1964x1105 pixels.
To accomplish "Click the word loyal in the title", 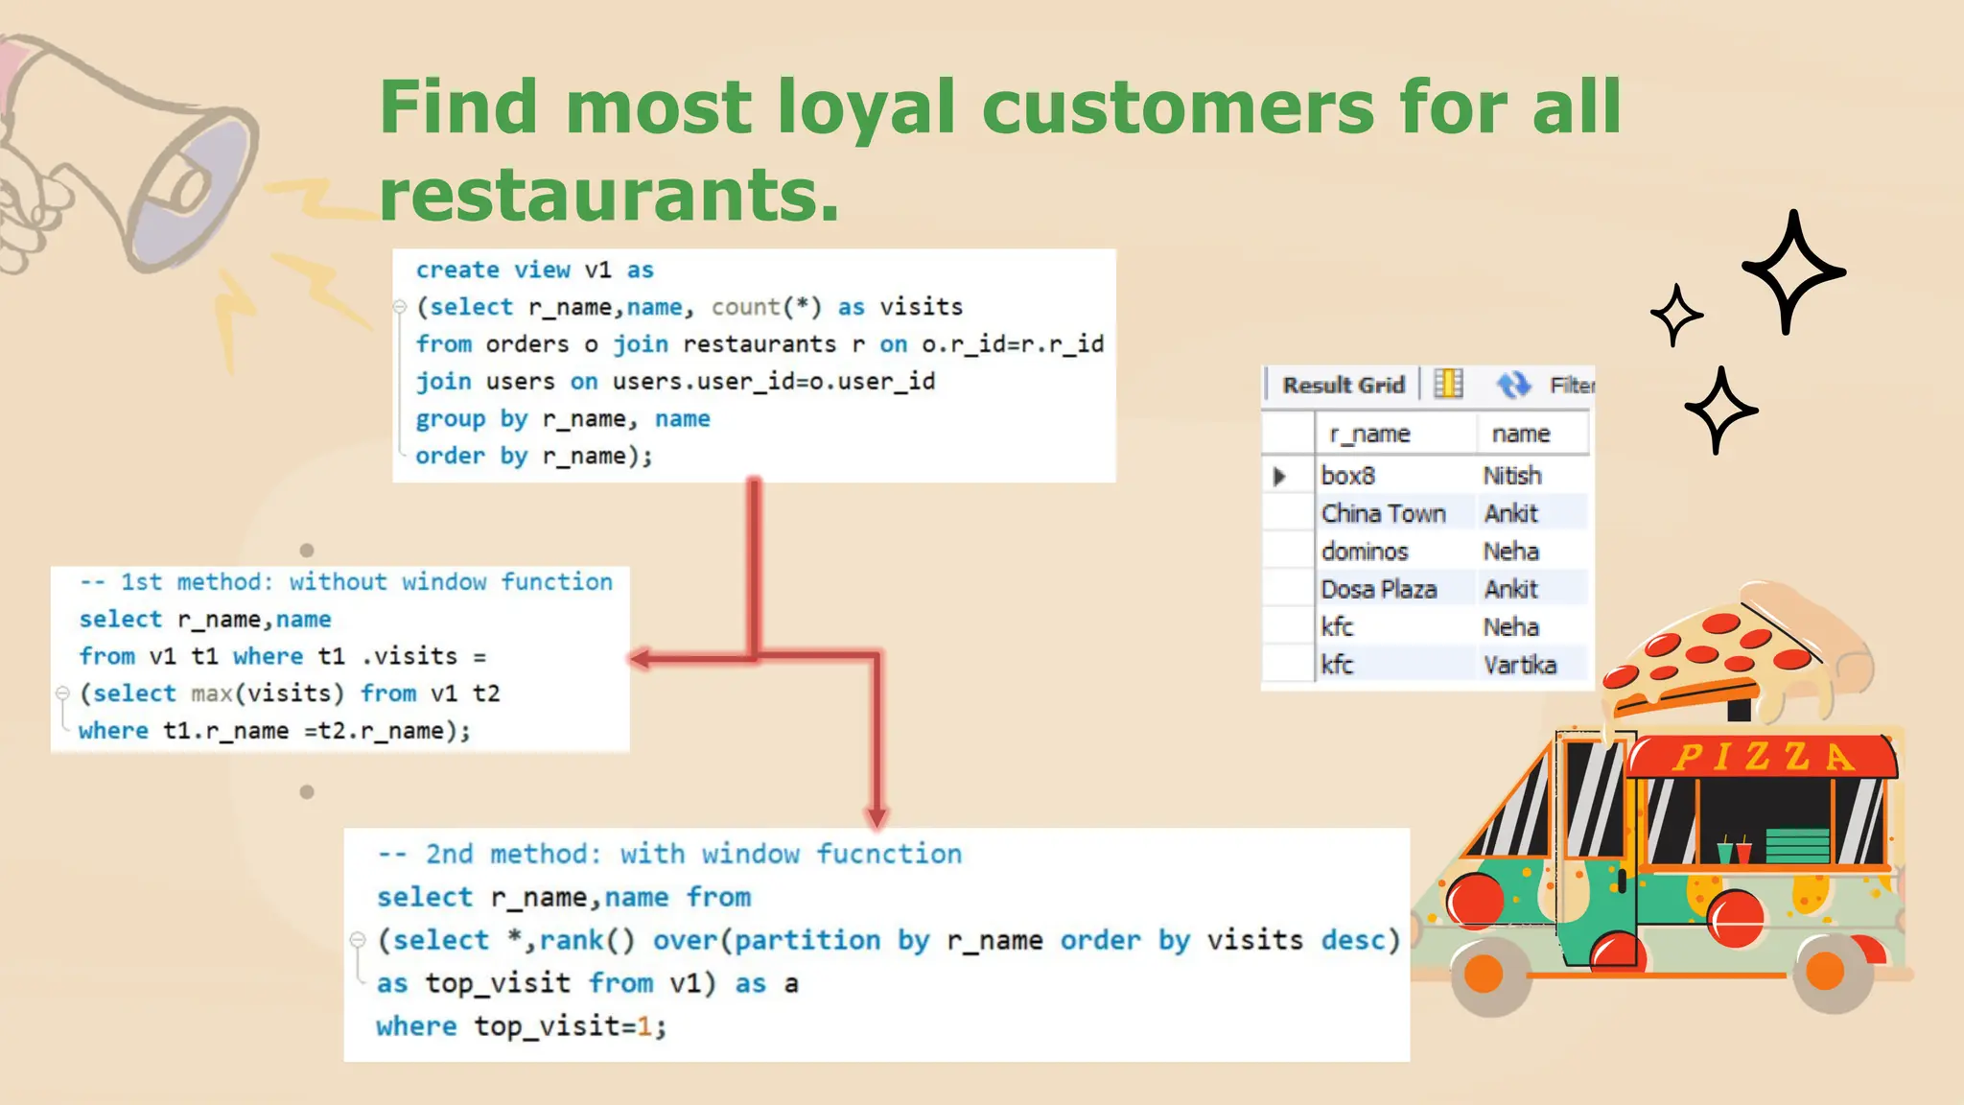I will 866,107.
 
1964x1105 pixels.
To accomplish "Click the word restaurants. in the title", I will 609,195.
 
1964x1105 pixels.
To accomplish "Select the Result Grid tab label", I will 1343,385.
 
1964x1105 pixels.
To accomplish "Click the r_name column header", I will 1369,434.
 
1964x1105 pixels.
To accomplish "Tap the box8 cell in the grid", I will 1348,476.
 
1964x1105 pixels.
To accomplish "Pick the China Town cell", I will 1383,513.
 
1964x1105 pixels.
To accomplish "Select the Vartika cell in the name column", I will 1520,665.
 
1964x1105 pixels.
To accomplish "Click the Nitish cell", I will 1512,476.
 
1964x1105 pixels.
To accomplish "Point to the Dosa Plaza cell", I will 1378,589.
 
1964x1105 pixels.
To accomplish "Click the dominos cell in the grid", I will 1365,552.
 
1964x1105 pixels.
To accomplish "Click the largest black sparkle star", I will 1791,272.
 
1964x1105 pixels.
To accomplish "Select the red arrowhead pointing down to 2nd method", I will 877,816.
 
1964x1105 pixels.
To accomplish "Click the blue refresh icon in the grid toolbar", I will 1513,385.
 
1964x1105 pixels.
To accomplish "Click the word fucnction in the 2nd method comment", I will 888,854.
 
